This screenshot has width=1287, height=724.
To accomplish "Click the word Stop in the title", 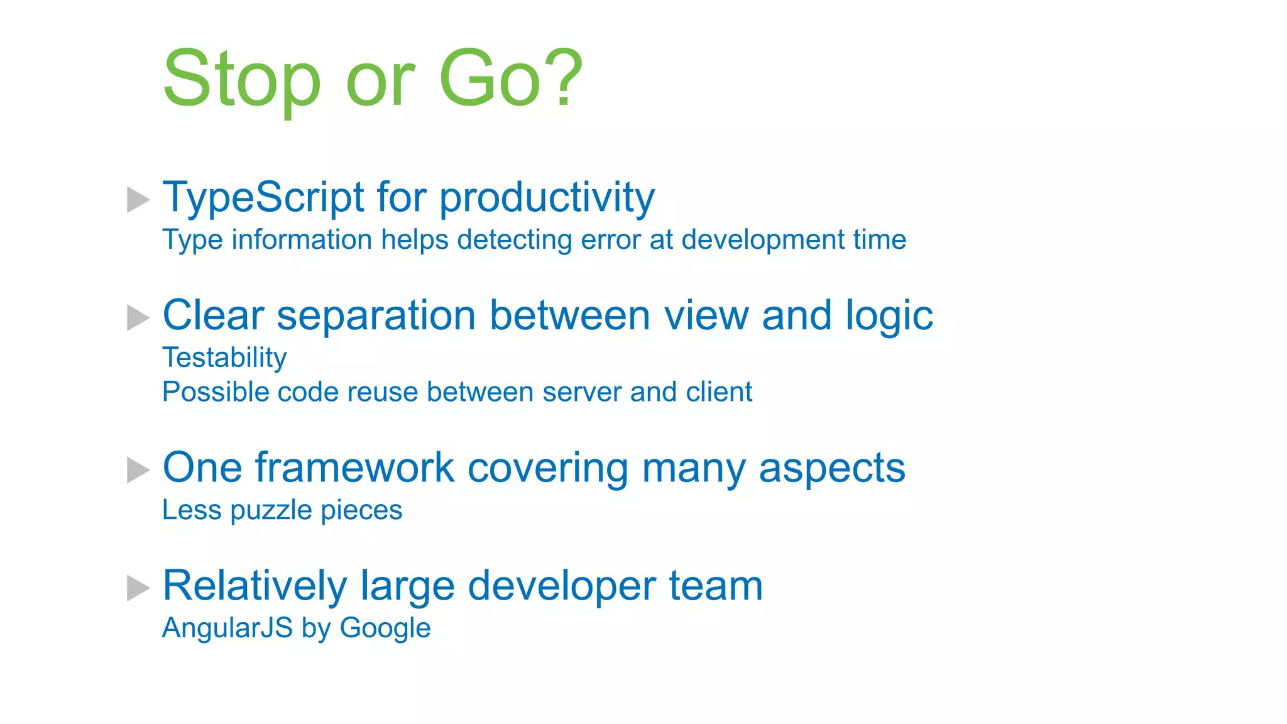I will click(242, 80).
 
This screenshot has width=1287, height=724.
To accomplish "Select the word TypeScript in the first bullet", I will click(263, 198).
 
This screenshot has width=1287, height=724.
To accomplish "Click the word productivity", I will click(547, 198).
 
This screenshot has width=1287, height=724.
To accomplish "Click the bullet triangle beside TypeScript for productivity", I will click(138, 200).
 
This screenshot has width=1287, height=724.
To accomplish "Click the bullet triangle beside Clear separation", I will click(138, 317).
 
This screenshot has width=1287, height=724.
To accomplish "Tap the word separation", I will click(376, 315).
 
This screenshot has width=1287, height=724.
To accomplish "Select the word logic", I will click(889, 315).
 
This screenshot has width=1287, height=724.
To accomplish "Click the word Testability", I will click(224, 358).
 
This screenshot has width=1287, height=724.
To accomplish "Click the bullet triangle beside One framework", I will click(138, 470).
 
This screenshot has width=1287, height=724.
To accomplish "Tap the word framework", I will click(354, 468).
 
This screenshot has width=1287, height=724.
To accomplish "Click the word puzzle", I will click(271, 510).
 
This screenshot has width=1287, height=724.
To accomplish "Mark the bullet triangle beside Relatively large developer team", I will click(138, 588).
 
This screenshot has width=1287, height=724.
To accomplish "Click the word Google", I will click(385, 628).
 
